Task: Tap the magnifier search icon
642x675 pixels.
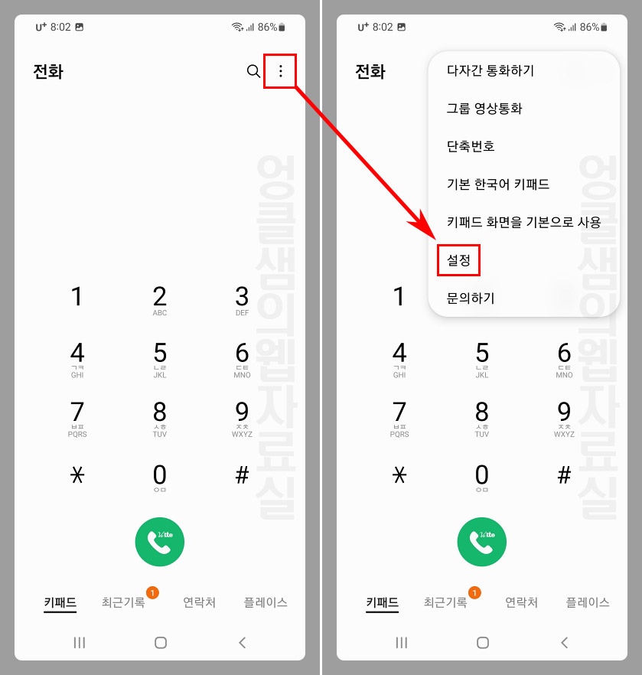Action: point(253,71)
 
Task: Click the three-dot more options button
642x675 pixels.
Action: point(280,71)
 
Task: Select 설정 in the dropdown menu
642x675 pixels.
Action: point(458,261)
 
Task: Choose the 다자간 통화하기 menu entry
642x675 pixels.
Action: point(490,70)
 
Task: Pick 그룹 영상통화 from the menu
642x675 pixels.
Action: point(484,109)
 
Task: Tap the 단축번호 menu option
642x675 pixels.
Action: point(471,146)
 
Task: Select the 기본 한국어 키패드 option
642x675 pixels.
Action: point(498,184)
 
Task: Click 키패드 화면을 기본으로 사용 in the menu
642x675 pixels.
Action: point(524,222)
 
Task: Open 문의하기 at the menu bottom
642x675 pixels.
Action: point(471,298)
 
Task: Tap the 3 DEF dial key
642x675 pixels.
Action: point(242,300)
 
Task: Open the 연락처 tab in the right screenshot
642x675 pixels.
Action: point(521,602)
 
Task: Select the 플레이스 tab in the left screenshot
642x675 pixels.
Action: point(266,602)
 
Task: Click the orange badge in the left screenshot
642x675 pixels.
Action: point(152,592)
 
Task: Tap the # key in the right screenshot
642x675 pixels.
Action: point(564,476)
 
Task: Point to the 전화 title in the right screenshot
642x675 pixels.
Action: point(370,72)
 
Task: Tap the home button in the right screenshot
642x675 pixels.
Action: point(483,643)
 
